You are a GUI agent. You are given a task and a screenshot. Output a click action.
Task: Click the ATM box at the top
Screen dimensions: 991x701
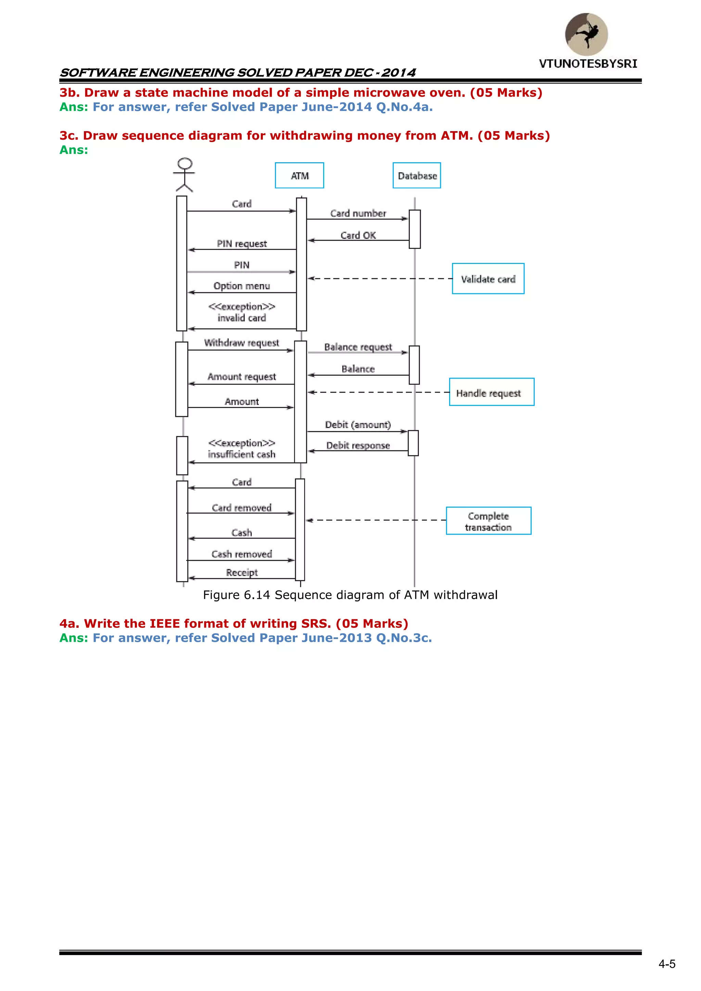coord(299,176)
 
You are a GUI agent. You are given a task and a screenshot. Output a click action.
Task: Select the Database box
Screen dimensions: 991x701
coord(417,176)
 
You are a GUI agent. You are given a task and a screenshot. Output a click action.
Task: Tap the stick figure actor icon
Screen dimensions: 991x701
coord(184,175)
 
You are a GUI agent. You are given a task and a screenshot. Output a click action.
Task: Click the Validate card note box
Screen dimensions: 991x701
coord(488,279)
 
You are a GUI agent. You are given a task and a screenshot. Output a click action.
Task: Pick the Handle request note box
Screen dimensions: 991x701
coord(491,392)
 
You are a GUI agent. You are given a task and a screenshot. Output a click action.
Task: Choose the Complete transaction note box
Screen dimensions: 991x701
coord(488,521)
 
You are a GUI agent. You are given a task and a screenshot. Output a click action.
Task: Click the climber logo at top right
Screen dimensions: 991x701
coord(586,34)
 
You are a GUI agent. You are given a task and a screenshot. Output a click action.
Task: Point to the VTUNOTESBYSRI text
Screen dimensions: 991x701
coord(588,64)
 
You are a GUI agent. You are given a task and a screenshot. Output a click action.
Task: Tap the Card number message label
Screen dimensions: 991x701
coord(358,213)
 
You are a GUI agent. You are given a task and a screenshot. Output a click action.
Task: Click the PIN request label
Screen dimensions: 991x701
coord(242,243)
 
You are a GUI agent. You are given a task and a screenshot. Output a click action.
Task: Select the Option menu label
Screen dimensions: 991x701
coord(242,286)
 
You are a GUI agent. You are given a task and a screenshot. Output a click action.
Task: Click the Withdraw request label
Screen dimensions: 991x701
coord(241,343)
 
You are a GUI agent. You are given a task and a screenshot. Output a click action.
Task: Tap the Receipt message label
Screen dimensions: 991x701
coord(242,572)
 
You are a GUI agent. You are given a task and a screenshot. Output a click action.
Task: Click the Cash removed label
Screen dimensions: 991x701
coord(242,554)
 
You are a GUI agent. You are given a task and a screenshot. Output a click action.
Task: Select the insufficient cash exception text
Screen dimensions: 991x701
coord(241,454)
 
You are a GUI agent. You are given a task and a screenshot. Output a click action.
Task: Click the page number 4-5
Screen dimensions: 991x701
coord(666,964)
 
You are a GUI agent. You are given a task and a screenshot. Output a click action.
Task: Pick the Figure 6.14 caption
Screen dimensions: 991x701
coord(350,595)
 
